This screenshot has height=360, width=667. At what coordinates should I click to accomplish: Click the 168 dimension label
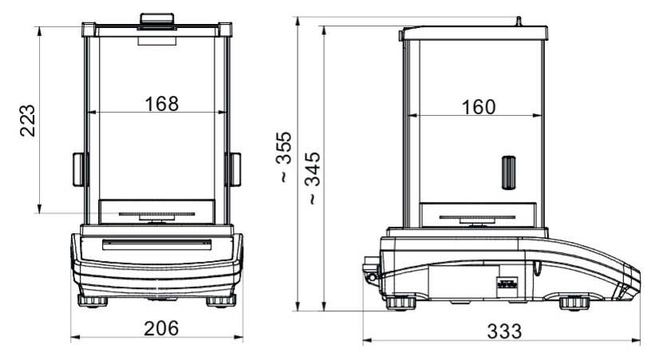tap(162, 104)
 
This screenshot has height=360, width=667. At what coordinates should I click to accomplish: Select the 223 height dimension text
tap(28, 121)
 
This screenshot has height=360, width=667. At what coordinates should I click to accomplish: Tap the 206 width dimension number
tap(161, 329)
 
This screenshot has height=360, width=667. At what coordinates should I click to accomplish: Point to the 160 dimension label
tap(479, 107)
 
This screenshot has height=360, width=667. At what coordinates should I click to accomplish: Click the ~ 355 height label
tap(284, 156)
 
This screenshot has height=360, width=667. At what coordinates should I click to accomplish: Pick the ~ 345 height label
tap(313, 178)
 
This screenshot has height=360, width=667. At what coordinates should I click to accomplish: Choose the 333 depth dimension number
tap(504, 331)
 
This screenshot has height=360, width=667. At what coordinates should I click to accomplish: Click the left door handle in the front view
tap(80, 169)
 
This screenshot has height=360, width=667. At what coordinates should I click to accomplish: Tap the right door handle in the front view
tap(235, 169)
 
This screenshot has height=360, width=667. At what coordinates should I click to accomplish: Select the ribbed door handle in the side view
tap(509, 172)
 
